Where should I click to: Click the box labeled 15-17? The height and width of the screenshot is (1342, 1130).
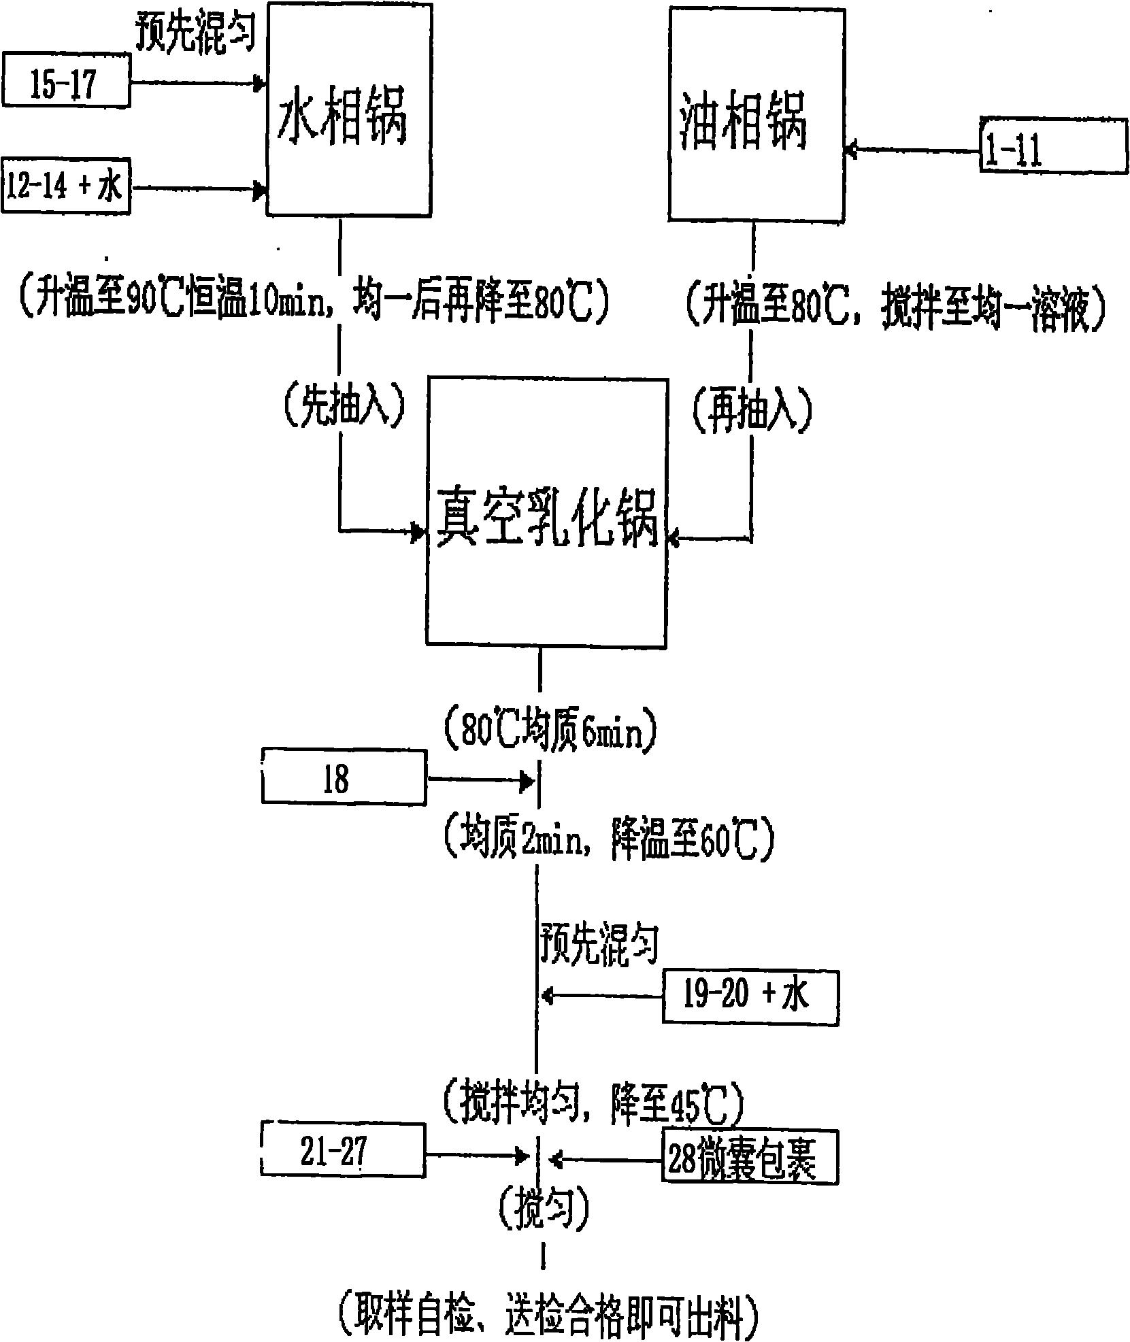click(65, 84)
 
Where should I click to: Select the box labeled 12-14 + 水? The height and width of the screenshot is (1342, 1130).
click(65, 186)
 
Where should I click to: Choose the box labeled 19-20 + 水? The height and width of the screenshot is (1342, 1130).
click(750, 998)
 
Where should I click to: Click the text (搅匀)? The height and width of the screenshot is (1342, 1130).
click(543, 1209)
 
